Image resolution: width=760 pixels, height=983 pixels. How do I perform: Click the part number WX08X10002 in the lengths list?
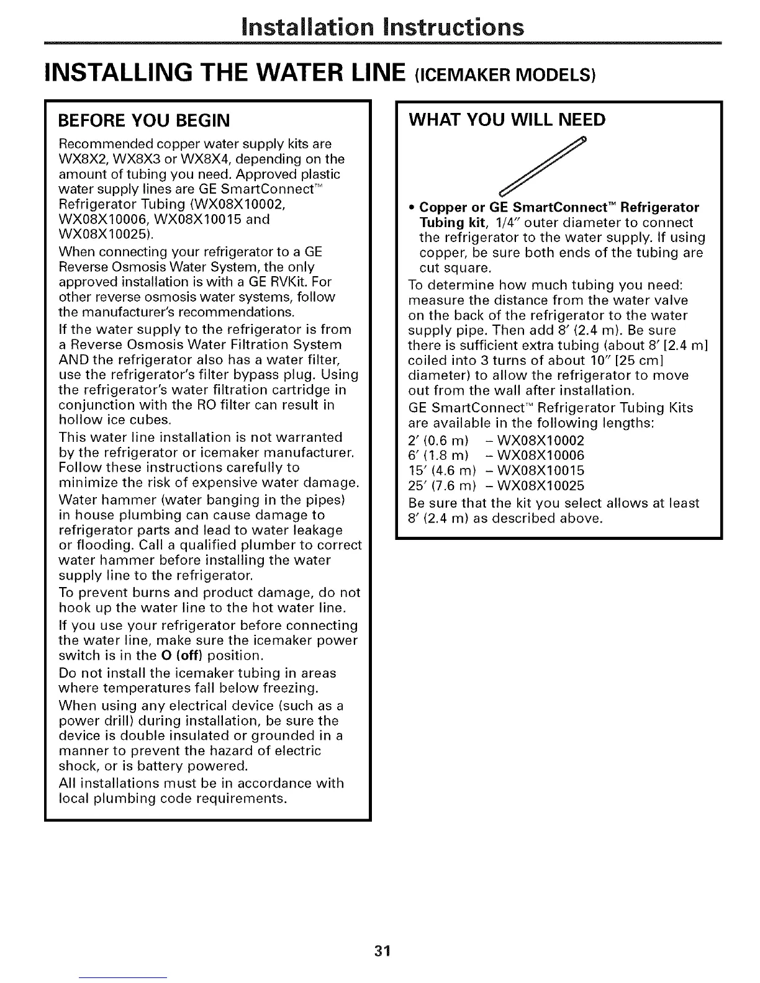541,441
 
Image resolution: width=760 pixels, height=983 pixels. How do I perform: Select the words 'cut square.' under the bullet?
455,268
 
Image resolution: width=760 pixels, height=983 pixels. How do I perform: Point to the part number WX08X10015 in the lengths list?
541,470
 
